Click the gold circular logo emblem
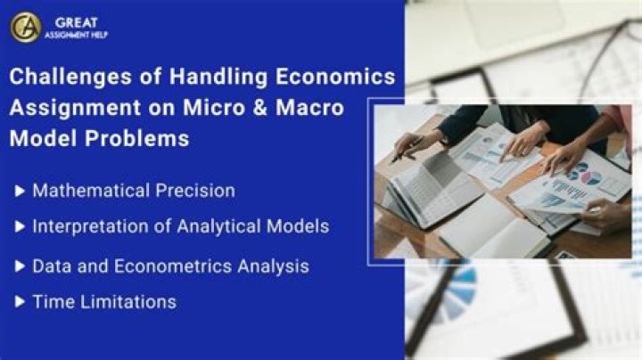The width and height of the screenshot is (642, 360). coord(26,28)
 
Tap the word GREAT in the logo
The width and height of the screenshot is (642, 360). coord(77,22)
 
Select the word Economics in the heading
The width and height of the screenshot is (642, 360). coord(335,77)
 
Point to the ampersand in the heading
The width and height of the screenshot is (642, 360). coord(260,108)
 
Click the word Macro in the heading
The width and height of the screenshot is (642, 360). coord(309,108)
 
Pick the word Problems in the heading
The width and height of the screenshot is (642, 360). coord(136,138)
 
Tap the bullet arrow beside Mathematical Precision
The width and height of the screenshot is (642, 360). coord(20,191)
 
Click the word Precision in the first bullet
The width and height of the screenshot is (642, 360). coord(195,191)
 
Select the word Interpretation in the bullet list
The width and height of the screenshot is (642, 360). coord(90,226)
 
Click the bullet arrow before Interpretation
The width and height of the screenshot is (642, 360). coord(20,226)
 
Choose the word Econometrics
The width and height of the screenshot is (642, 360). coord(173,266)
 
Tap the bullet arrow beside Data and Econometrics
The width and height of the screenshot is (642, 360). coord(20,266)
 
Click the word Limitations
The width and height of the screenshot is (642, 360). coord(128,302)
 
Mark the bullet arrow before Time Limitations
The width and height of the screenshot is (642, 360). coord(20,302)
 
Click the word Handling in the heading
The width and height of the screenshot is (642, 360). coord(218,78)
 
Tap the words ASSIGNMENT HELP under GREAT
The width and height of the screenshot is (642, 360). coord(76,35)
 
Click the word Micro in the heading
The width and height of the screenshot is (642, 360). coord(214,108)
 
